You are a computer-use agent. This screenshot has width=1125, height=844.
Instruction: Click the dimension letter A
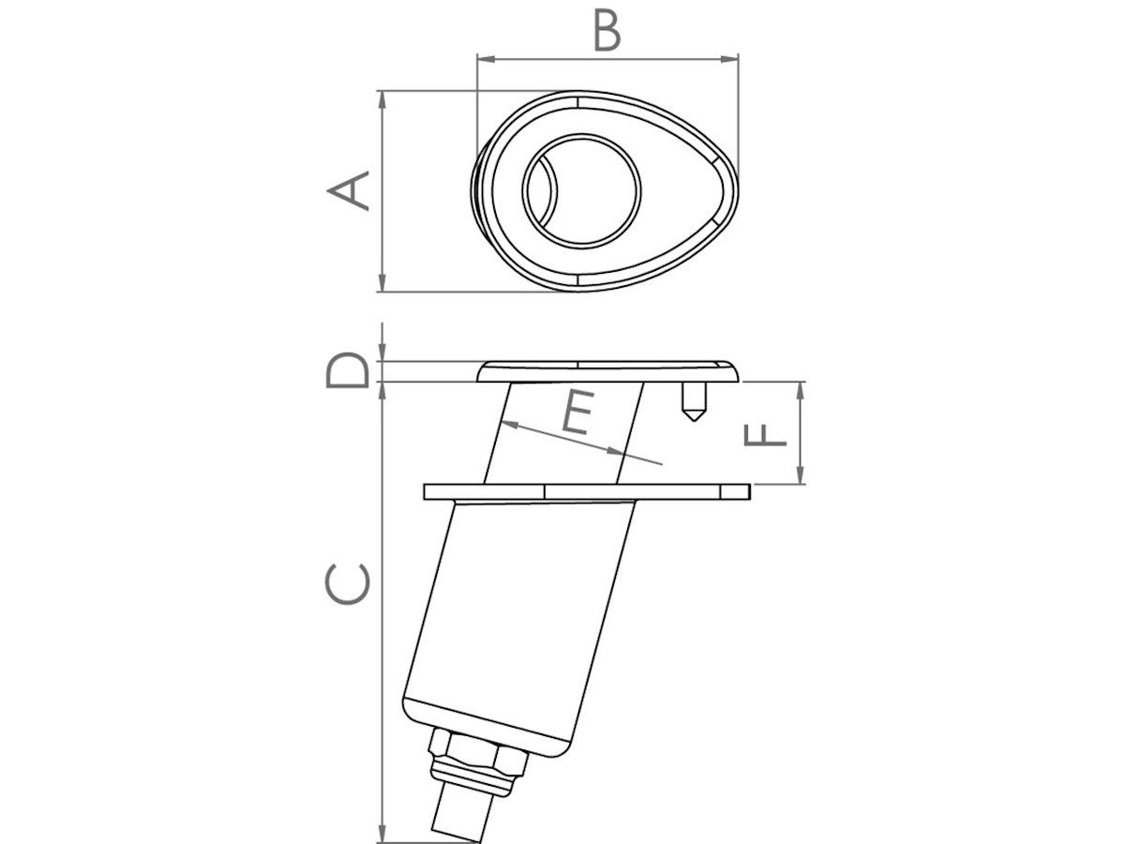tap(348, 190)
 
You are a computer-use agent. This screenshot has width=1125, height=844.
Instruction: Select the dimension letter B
tap(607, 31)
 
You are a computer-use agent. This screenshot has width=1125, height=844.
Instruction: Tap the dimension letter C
tap(347, 584)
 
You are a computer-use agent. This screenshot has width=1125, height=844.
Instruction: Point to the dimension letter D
tap(347, 369)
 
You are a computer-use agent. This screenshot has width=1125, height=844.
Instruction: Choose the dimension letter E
tap(578, 413)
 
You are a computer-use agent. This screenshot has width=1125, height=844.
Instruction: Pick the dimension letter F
tap(764, 434)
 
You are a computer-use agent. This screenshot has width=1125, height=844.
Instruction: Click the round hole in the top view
tap(581, 190)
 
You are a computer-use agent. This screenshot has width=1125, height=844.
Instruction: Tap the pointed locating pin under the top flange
tap(694, 401)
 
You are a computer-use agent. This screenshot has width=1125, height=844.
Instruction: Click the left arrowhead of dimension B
tap(486, 59)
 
